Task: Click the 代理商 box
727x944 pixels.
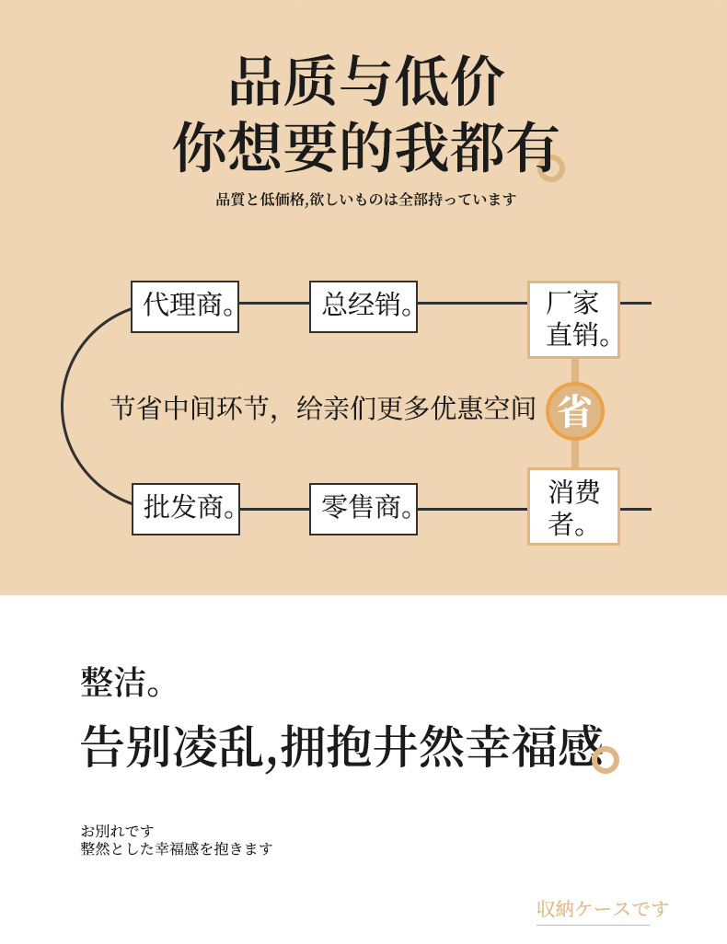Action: click(185, 306)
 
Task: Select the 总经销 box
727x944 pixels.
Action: click(363, 306)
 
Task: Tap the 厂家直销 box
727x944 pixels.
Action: click(573, 319)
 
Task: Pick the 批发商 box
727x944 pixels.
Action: click(185, 509)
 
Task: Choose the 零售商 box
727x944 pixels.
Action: click(363, 509)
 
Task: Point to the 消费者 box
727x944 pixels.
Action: click(573, 506)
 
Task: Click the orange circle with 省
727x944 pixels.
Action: click(575, 411)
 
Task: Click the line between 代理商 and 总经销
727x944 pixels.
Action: click(274, 303)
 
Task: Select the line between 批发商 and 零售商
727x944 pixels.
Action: click(274, 509)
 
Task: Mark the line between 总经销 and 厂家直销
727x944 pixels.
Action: click(472, 303)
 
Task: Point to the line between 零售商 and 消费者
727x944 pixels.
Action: click(472, 509)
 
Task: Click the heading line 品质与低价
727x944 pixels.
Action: click(366, 82)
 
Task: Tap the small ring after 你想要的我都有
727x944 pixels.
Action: click(550, 168)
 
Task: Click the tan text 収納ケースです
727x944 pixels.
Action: click(603, 909)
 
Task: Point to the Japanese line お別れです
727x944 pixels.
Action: click(117, 831)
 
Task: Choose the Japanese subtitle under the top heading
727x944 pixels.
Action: click(366, 199)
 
